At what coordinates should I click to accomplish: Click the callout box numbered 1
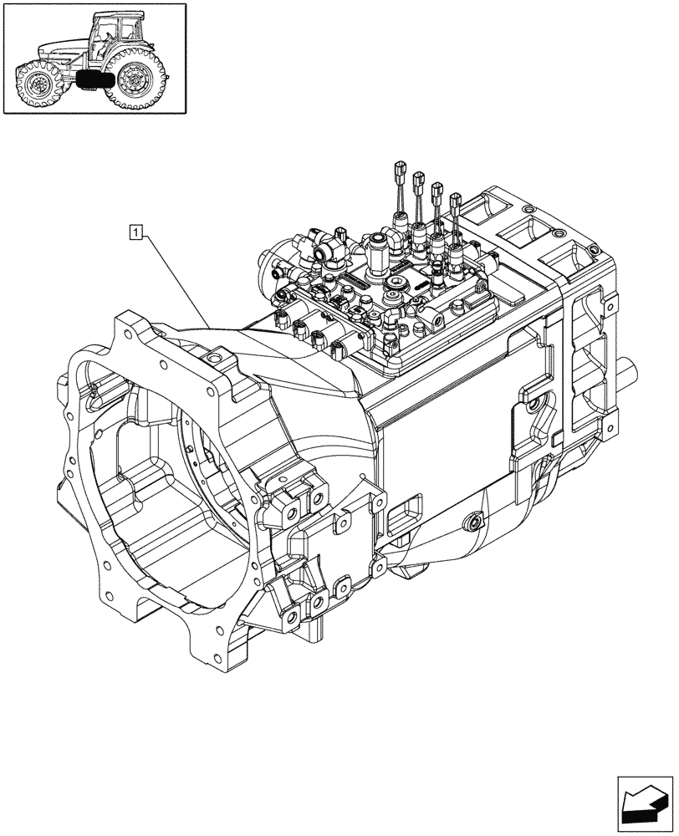[x=135, y=230]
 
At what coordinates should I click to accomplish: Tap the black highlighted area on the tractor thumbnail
[x=92, y=80]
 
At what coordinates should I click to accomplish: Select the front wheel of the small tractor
[x=37, y=84]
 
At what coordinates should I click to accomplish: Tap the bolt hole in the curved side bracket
[x=532, y=407]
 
